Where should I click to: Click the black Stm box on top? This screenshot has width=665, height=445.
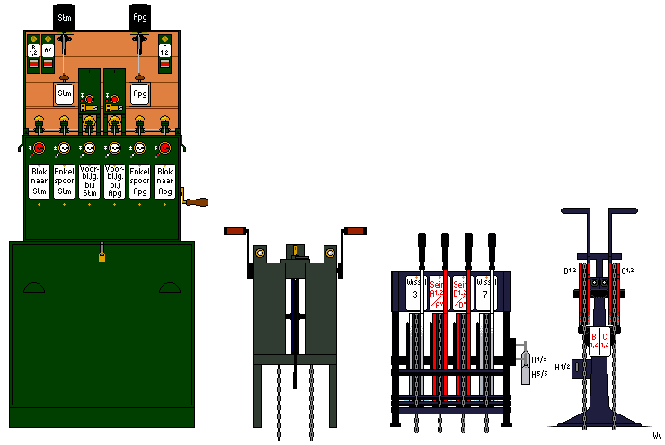pos(65,17)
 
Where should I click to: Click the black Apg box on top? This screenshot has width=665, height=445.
pos(140,17)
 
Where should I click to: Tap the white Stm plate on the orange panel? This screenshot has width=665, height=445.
pos(65,93)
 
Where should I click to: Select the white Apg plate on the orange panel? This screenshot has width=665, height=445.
pos(140,93)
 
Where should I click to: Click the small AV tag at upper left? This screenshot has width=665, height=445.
pos(48,49)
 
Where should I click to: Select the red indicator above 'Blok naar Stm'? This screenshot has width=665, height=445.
pos(39,148)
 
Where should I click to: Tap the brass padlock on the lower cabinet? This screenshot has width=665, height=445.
pos(102,258)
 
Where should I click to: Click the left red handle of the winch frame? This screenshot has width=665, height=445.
pos(235,232)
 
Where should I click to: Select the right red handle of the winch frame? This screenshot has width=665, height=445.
pos(356,232)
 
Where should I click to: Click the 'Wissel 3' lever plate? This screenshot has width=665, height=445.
pos(414,292)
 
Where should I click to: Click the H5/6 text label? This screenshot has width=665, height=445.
pos(539,375)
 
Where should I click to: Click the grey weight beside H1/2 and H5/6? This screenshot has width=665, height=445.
pos(526,368)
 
